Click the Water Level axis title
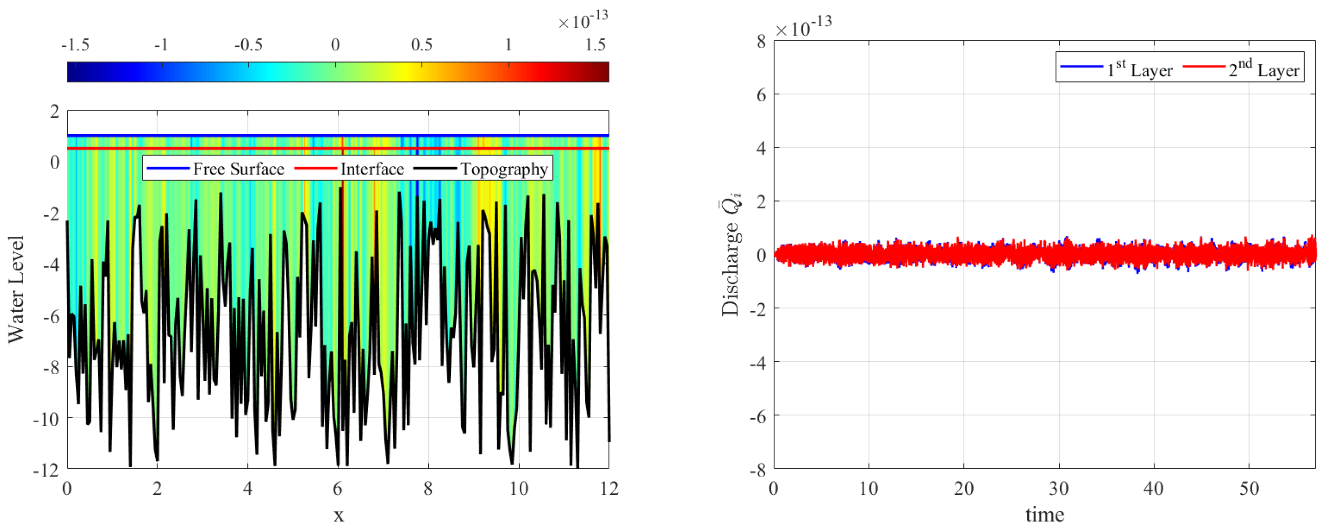point(17,290)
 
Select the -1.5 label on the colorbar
point(75,45)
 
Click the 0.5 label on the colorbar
point(421,45)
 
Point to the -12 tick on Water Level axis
point(46,469)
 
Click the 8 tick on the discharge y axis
point(761,42)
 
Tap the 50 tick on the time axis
point(1249,488)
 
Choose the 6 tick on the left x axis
point(337,488)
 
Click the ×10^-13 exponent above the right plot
point(803,27)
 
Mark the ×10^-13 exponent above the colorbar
point(583,21)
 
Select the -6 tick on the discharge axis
point(758,416)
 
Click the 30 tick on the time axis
point(1059,488)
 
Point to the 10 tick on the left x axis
point(518,488)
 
